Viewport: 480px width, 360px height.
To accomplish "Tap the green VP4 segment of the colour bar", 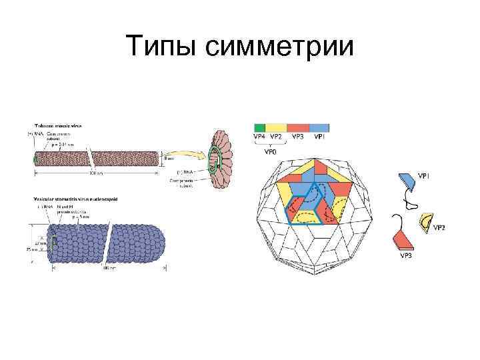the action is (x=260, y=127).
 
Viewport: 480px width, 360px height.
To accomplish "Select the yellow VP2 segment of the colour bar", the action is (x=277, y=127).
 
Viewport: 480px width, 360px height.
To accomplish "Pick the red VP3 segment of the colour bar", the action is (x=299, y=127).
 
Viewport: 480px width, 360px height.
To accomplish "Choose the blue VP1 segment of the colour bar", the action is (x=319, y=127).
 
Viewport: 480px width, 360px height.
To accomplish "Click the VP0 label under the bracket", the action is (x=271, y=151).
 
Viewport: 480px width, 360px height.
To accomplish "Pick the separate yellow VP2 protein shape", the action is (x=425, y=219).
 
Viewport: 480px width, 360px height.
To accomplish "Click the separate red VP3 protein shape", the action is (x=404, y=241).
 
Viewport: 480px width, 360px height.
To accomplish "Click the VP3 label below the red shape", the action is (x=406, y=255).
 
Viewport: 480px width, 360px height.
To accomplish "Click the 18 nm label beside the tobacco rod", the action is (x=170, y=159).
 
